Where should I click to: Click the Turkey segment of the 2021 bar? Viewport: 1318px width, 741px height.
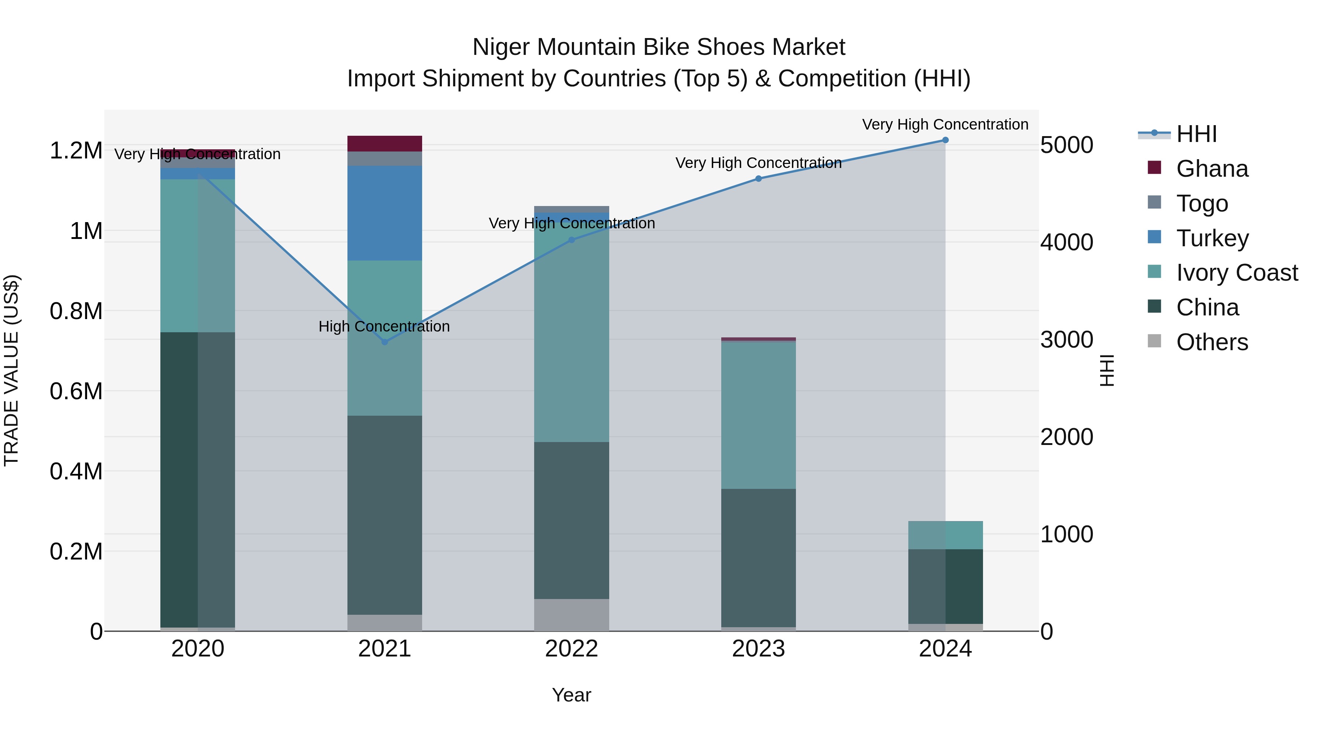tap(385, 213)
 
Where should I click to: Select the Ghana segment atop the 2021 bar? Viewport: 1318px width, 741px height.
tap(385, 144)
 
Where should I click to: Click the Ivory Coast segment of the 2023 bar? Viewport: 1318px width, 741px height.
tap(758, 415)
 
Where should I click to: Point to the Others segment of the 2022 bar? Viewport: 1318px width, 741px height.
tap(571, 615)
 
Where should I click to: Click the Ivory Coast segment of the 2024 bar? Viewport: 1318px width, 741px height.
tap(945, 535)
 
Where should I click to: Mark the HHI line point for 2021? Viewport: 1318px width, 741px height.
tap(385, 342)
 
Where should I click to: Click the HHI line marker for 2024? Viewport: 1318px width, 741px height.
tap(945, 140)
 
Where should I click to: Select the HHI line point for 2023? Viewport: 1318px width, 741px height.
tap(758, 179)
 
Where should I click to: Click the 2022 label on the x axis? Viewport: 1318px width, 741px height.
tap(571, 649)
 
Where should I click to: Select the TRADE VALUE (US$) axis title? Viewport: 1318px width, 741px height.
tap(11, 370)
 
